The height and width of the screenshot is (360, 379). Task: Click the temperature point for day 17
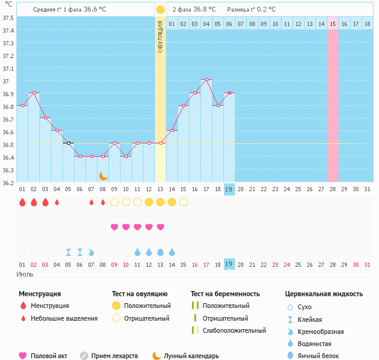(x=206, y=79)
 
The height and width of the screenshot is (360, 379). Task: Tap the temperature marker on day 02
(x=34, y=93)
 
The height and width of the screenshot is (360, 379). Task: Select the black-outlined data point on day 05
(x=68, y=143)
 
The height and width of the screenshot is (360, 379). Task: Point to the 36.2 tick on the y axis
(x=8, y=182)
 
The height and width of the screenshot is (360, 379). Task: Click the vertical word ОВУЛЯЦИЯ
(x=160, y=36)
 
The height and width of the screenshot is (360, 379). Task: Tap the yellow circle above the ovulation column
(x=160, y=10)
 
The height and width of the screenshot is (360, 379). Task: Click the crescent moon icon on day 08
(x=104, y=175)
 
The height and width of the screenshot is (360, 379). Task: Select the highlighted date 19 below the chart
(x=229, y=264)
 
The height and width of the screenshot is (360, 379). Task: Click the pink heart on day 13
(x=160, y=227)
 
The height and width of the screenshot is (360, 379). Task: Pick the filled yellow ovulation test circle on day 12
(x=149, y=202)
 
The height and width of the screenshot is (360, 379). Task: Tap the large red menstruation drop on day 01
(x=22, y=202)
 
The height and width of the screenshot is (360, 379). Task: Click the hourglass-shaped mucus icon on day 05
(x=68, y=252)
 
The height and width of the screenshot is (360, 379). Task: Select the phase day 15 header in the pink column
(x=333, y=24)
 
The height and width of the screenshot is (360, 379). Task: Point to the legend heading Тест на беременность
(x=225, y=294)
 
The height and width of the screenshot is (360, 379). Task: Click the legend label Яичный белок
(x=323, y=356)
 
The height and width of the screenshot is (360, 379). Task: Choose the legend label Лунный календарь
(x=192, y=356)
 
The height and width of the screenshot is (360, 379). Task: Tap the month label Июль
(x=25, y=275)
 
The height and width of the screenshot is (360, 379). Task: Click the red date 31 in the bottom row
(x=367, y=264)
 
